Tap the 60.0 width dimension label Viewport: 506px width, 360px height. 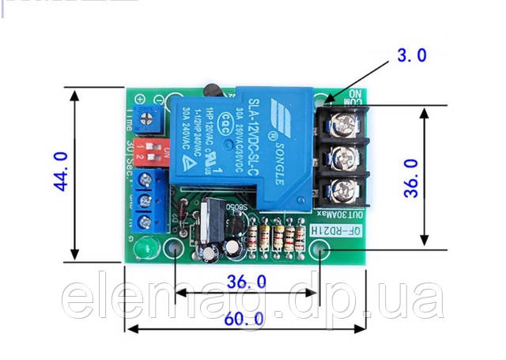pyautogui.click(x=244, y=320)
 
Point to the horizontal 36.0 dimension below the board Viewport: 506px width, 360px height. pyautogui.click(x=246, y=281)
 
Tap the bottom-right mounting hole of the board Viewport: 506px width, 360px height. pyautogui.click(x=319, y=252)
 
